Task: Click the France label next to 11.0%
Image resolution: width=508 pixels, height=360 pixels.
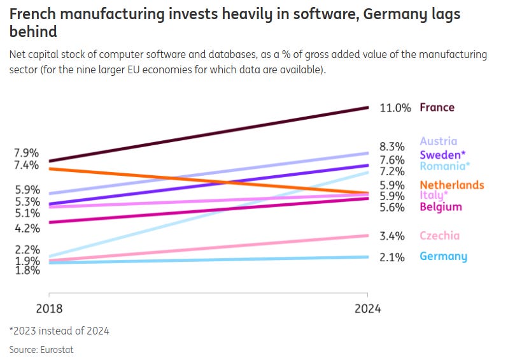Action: pyautogui.click(x=437, y=108)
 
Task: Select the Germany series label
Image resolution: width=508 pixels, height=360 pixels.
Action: pyautogui.click(x=443, y=257)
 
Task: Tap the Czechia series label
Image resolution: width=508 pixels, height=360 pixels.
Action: pyautogui.click(x=439, y=236)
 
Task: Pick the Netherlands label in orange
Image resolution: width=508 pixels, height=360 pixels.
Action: pyautogui.click(x=452, y=185)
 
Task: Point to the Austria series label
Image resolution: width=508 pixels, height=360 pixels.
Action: pyautogui.click(x=438, y=141)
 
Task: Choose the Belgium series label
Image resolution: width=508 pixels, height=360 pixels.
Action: pyautogui.click(x=441, y=207)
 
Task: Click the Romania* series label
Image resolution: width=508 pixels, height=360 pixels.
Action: pyautogui.click(x=444, y=166)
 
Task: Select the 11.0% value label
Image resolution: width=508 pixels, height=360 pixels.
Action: pyautogui.click(x=395, y=108)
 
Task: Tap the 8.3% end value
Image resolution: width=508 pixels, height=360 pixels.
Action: pyautogui.click(x=392, y=146)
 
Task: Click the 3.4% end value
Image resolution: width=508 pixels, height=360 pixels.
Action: pyautogui.click(x=392, y=236)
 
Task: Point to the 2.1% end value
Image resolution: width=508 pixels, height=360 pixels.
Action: pyautogui.click(x=392, y=257)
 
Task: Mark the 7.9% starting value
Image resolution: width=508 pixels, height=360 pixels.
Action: pyautogui.click(x=27, y=153)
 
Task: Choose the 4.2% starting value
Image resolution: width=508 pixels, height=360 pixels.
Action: pyautogui.click(x=27, y=228)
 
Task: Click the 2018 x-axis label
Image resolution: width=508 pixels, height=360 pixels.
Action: pyautogui.click(x=50, y=309)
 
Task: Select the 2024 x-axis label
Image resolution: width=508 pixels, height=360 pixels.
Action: pyautogui.click(x=367, y=309)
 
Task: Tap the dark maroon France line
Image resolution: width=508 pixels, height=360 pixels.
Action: pyautogui.click(x=210, y=134)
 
